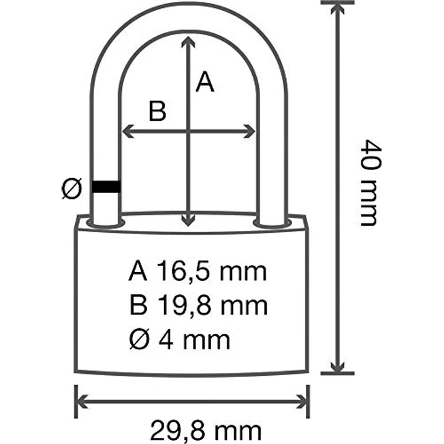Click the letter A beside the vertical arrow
pyautogui.click(x=206, y=82)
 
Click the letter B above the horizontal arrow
pyautogui.click(x=157, y=112)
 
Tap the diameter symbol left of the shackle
pyautogui.click(x=72, y=189)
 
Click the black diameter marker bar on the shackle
pyautogui.click(x=106, y=188)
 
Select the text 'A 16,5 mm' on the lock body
pyautogui.click(x=197, y=272)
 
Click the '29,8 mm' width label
pyautogui.click(x=206, y=431)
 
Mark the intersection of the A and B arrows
pyautogui.click(x=190, y=131)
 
